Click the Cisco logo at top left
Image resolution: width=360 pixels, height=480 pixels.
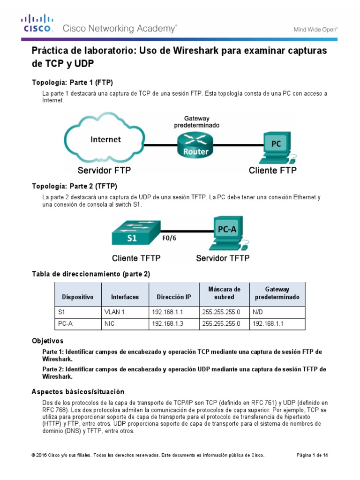point(38,23)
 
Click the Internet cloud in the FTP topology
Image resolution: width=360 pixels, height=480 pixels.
point(105,139)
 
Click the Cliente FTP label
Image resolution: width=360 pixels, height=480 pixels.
point(272,170)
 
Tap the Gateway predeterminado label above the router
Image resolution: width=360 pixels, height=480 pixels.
point(196,122)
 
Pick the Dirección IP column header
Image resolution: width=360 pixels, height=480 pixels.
point(174,297)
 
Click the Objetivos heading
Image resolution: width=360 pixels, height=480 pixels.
point(47,340)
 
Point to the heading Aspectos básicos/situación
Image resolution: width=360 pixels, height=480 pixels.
point(78,391)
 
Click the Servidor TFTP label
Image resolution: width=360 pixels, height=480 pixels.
point(223,258)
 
